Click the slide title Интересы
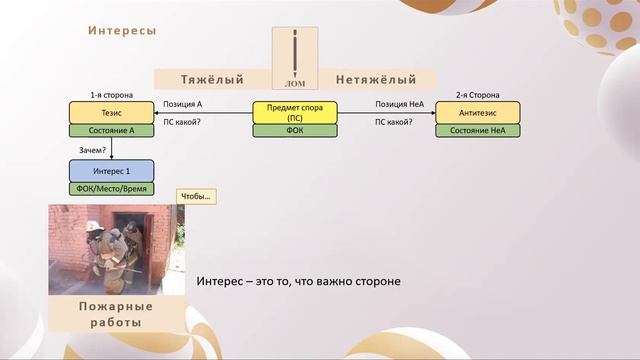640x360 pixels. tap(122, 31)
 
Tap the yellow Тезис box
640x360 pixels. tap(111, 111)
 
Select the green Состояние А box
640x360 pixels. tap(111, 130)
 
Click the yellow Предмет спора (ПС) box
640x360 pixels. tap(294, 111)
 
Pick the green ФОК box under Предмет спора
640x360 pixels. tap(294, 130)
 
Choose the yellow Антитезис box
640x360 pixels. tap(477, 111)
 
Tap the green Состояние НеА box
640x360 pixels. tap(477, 130)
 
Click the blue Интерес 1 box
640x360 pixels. tap(111, 170)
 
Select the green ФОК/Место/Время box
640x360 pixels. tap(111, 188)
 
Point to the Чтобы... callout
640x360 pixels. tap(196, 196)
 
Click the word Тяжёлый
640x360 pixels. tap(213, 79)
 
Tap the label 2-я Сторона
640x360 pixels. tap(477, 94)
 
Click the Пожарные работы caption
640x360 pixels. tap(116, 314)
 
